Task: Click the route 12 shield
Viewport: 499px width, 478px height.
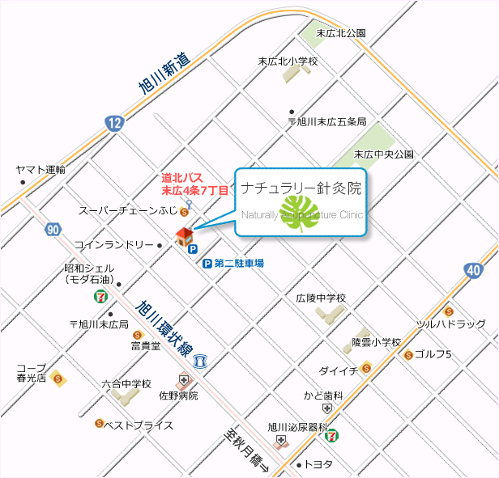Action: pos(114,124)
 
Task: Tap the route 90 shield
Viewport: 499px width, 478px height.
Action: pos(53,231)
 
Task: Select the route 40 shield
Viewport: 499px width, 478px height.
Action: pos(473,271)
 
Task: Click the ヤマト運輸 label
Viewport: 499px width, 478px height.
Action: pos(41,170)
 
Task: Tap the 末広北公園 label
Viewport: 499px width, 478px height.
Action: pos(341,33)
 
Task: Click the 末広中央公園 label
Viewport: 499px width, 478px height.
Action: pos(384,154)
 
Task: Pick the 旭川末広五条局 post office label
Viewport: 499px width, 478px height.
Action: pos(327,122)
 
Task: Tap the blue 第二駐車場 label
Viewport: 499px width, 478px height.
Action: pos(239,264)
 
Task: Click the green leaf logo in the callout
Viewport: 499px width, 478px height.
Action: pos(302,212)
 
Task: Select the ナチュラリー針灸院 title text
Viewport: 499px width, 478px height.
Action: pos(301,188)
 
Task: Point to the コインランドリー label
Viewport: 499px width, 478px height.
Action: pos(114,244)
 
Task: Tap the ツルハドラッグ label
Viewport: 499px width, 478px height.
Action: pos(451,324)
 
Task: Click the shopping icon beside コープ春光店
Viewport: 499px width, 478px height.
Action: pos(57,378)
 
